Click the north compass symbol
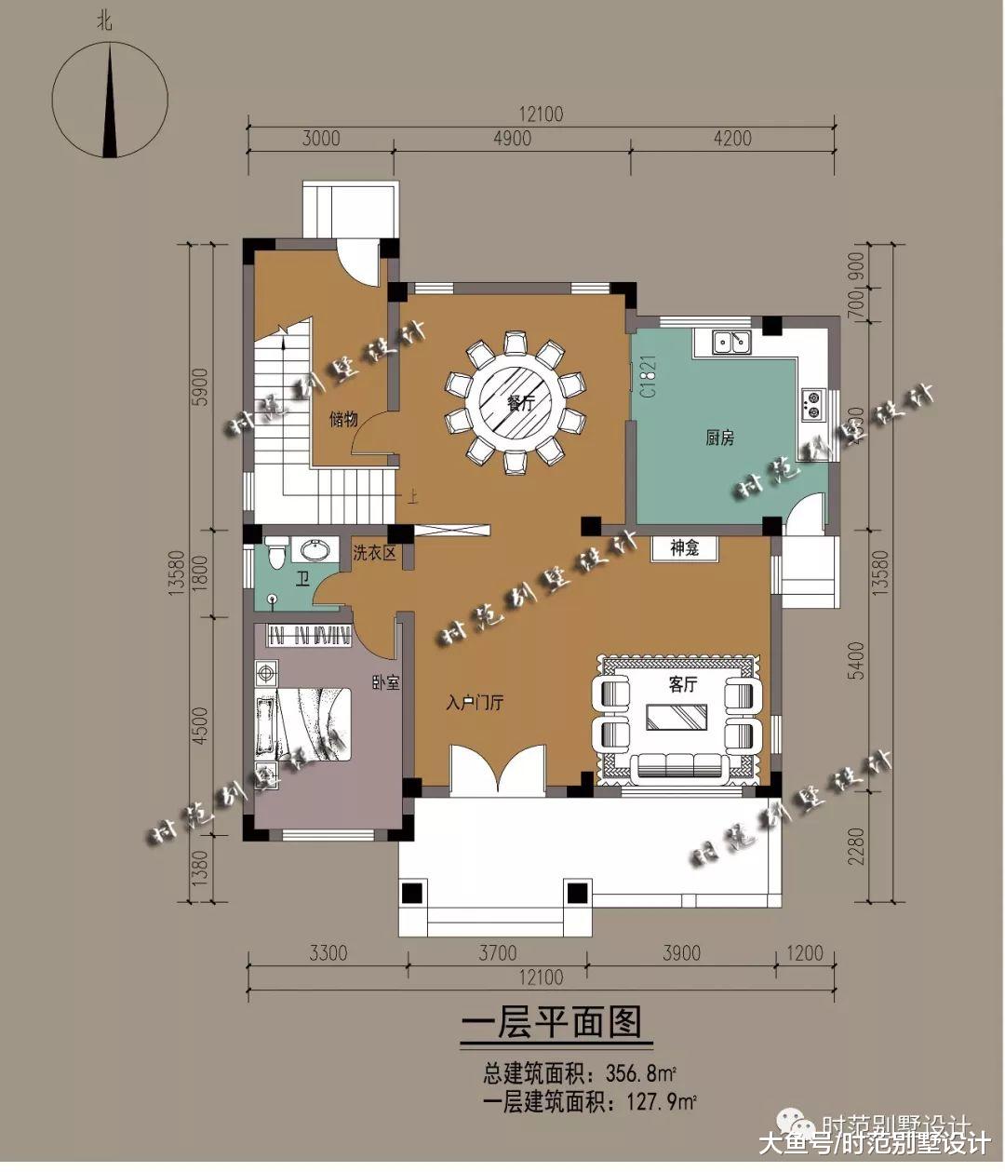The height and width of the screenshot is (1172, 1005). tap(110, 97)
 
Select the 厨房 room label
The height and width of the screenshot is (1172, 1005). tap(719, 438)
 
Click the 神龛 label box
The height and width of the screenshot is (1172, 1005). tap(684, 548)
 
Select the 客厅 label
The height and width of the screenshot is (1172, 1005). tap(682, 684)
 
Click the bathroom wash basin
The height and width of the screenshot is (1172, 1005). tap(314, 551)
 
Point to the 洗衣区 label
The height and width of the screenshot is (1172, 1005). tap(374, 553)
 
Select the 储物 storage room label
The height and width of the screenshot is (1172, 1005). tap(343, 419)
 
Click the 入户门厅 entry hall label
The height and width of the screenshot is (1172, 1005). tap(475, 703)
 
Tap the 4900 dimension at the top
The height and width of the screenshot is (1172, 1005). tap(512, 139)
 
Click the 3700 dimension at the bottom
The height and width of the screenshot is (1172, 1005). tap(498, 953)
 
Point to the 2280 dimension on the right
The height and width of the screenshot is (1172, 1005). tap(857, 846)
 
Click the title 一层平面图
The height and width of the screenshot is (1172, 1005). tap(552, 1022)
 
